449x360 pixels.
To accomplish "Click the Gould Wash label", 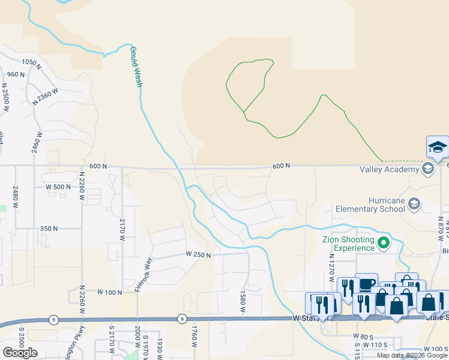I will click(x=136, y=67).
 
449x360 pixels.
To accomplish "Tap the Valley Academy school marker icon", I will click(x=428, y=169).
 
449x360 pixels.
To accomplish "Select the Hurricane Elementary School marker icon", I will click(x=414, y=205).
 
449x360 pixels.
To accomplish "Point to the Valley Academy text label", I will click(x=388, y=169).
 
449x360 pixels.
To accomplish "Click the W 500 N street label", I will click(x=58, y=187).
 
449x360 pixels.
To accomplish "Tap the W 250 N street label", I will click(x=198, y=255).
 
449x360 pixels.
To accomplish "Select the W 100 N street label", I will click(x=110, y=292).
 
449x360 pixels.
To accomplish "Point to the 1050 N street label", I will click(x=30, y=62).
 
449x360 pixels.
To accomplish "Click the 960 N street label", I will click(x=16, y=74).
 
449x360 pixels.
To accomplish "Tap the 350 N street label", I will click(x=49, y=229).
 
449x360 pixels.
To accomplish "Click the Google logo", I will click(x=20, y=352).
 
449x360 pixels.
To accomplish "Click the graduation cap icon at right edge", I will click(x=438, y=148).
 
